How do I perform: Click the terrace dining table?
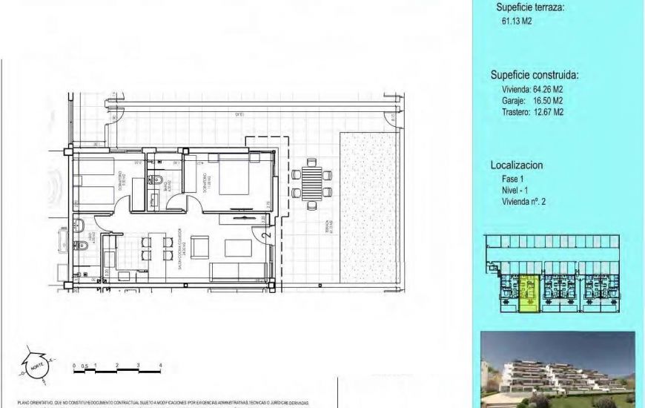[x=311, y=182]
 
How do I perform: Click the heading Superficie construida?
[x=535, y=75]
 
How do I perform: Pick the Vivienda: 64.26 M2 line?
[x=532, y=89]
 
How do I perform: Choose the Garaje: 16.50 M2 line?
[x=532, y=101]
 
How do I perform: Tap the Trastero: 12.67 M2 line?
[x=532, y=112]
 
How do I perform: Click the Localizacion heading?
[x=522, y=165]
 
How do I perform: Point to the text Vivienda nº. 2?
[x=529, y=201]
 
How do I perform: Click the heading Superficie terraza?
[x=530, y=7]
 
